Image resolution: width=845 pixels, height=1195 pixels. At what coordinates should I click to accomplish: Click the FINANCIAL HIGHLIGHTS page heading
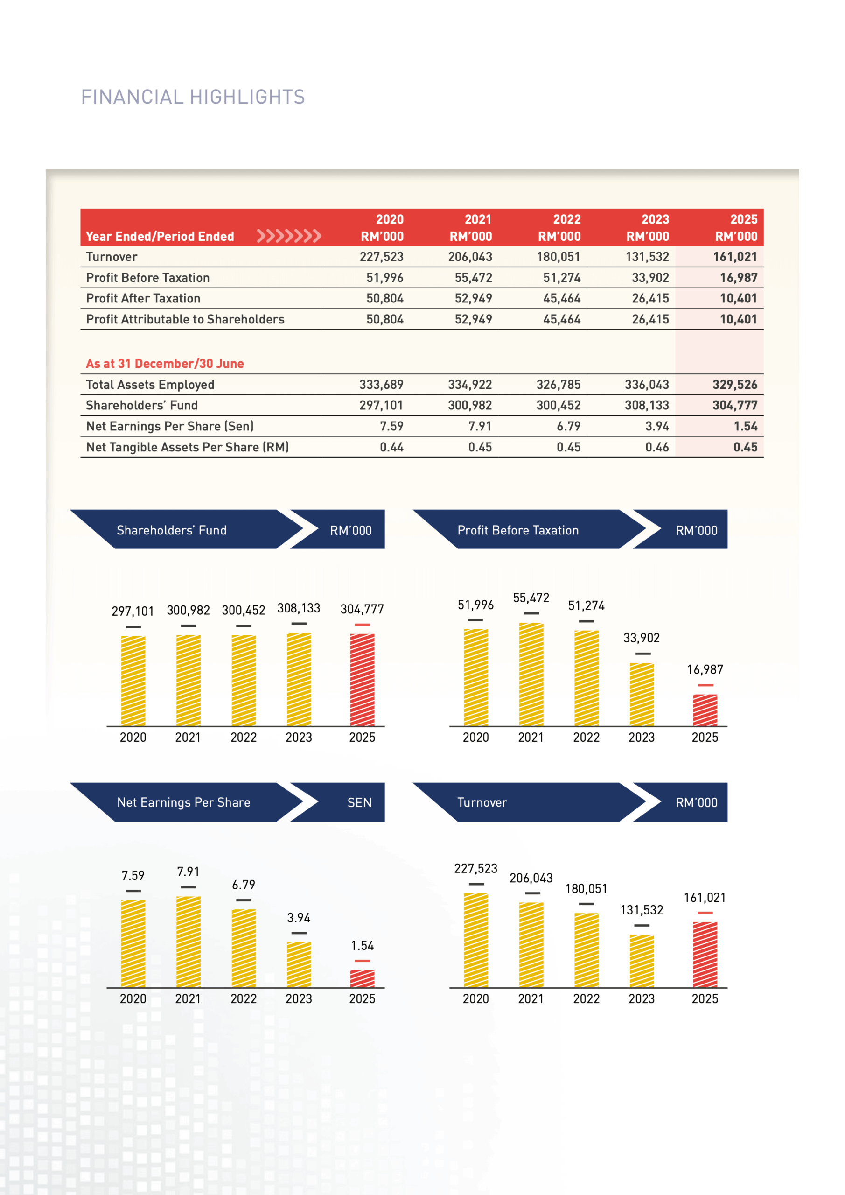(193, 97)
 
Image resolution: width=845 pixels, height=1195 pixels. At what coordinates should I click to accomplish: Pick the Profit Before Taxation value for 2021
(473, 277)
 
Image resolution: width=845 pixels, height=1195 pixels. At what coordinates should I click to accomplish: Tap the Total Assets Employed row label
(150, 385)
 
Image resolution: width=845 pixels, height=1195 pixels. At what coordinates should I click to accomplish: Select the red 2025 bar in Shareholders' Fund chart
(362, 679)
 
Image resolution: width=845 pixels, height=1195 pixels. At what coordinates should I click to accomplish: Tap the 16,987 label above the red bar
(705, 669)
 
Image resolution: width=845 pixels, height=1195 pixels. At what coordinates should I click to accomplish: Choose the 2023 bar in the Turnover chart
(642, 960)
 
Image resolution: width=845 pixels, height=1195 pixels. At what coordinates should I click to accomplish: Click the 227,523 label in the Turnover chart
(475, 868)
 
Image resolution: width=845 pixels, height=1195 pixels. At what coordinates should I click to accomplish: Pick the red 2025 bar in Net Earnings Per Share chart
(362, 978)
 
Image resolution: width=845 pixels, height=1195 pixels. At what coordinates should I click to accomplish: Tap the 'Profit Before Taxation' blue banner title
(518, 530)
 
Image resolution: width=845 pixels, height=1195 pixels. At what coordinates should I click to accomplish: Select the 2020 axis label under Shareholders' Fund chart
(133, 737)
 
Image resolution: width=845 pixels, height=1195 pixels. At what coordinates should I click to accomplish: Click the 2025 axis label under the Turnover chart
(705, 998)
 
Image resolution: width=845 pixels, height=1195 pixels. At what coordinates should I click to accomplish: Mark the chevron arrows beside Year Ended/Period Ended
(289, 236)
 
